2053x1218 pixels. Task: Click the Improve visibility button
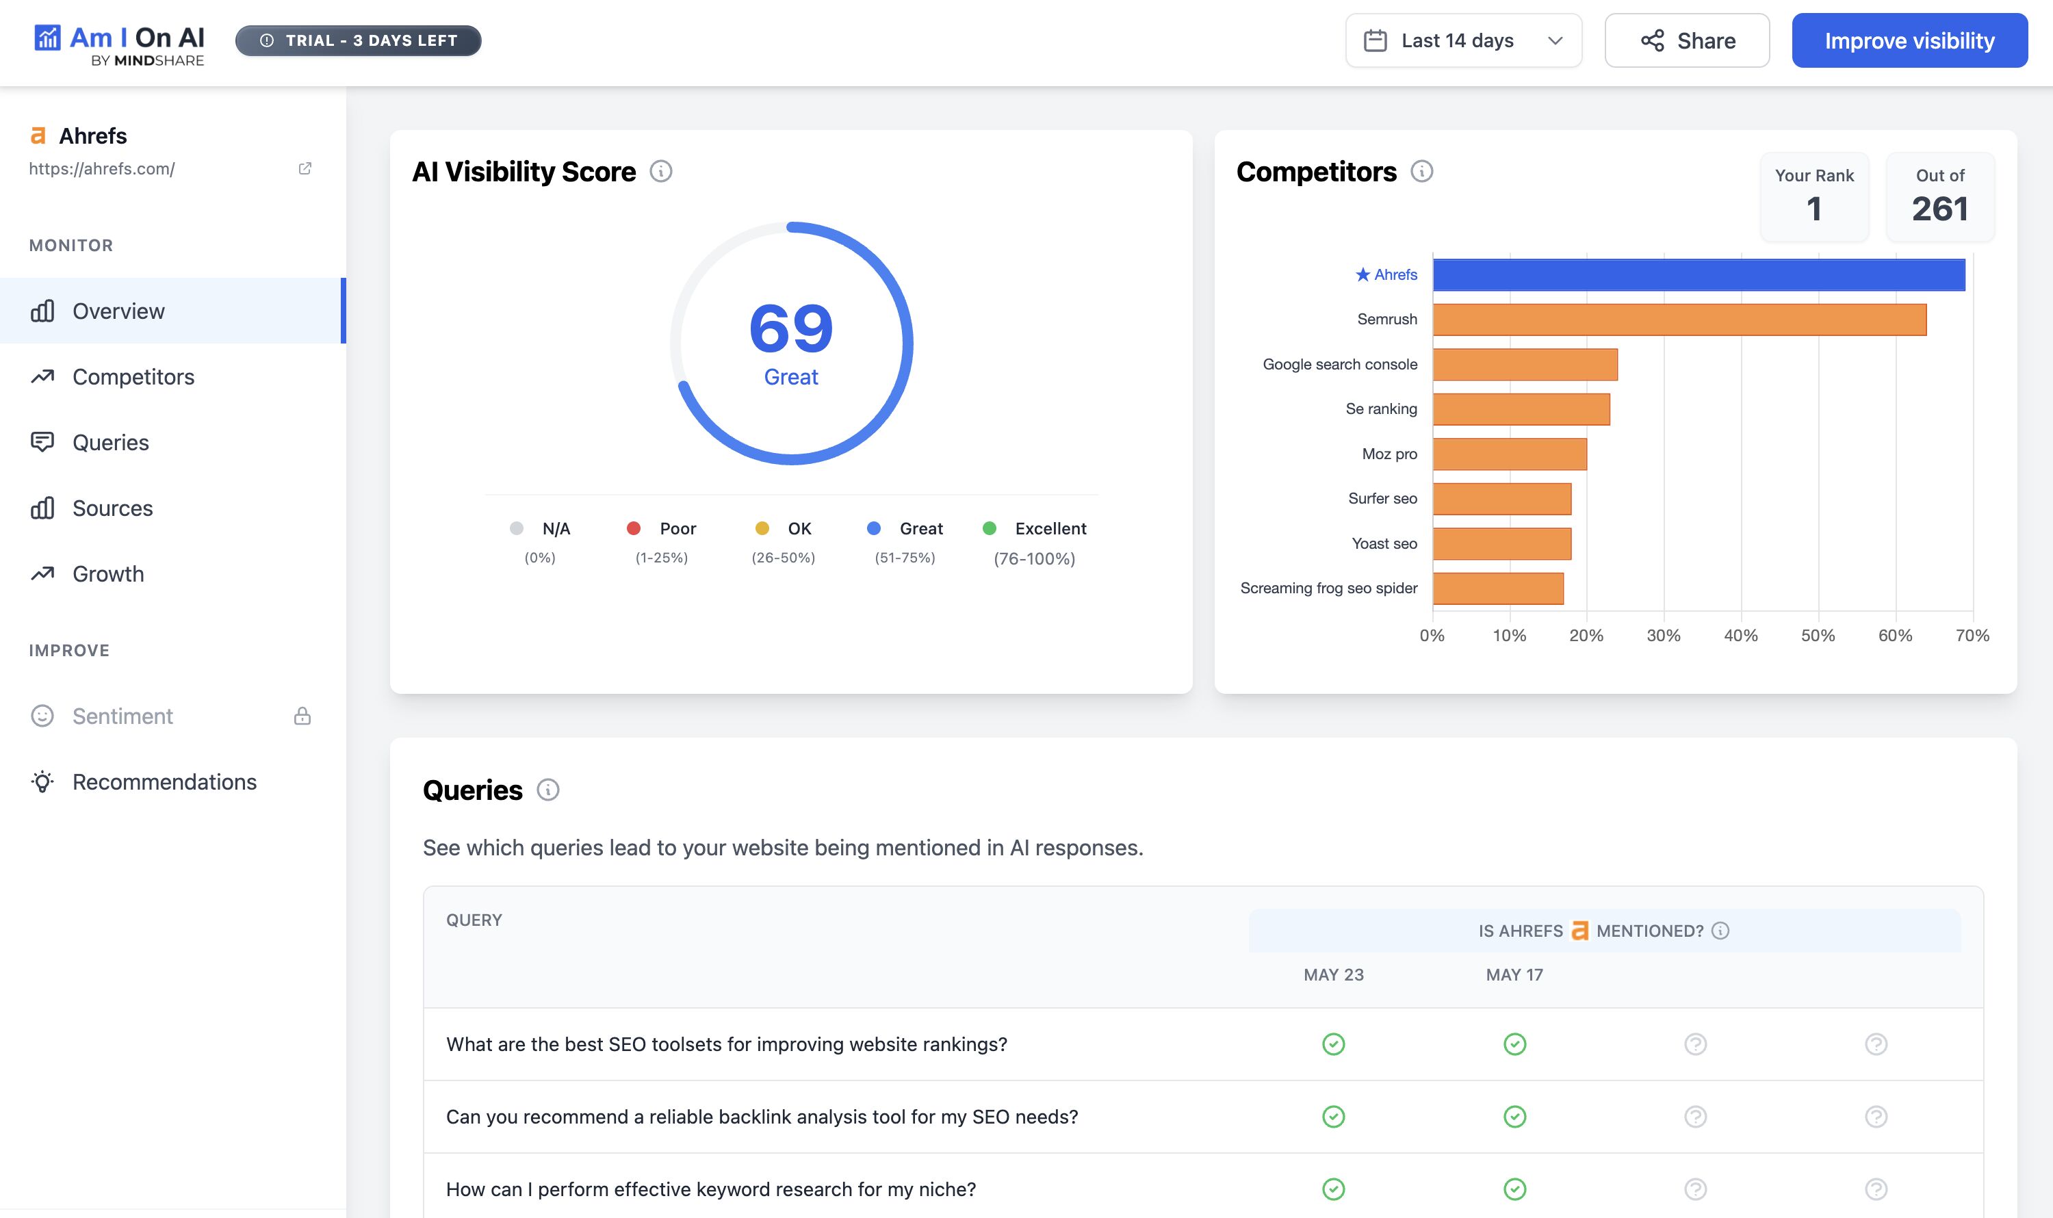coord(1909,41)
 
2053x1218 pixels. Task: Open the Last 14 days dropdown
coord(1463,41)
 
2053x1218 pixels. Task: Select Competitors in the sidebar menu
coord(133,377)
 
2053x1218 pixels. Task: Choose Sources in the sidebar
coord(112,508)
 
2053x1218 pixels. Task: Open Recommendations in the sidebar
coord(164,782)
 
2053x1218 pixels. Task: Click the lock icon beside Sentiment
coord(302,716)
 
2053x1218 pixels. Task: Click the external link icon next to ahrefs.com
coord(305,168)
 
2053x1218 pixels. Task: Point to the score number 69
coord(790,328)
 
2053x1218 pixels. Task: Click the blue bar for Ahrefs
coord(1698,275)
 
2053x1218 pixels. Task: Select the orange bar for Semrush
coord(1679,320)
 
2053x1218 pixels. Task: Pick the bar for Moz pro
coord(1509,454)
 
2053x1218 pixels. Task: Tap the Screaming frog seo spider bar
coord(1497,588)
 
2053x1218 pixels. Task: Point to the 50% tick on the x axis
coord(1818,635)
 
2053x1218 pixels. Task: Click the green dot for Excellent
coord(989,528)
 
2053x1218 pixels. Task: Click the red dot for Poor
coord(633,528)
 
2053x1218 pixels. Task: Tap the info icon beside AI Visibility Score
coord(661,172)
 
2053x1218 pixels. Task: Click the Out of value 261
coord(1939,209)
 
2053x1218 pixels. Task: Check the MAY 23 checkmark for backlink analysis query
coord(1333,1117)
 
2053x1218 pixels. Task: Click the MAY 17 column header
coord(1514,975)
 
